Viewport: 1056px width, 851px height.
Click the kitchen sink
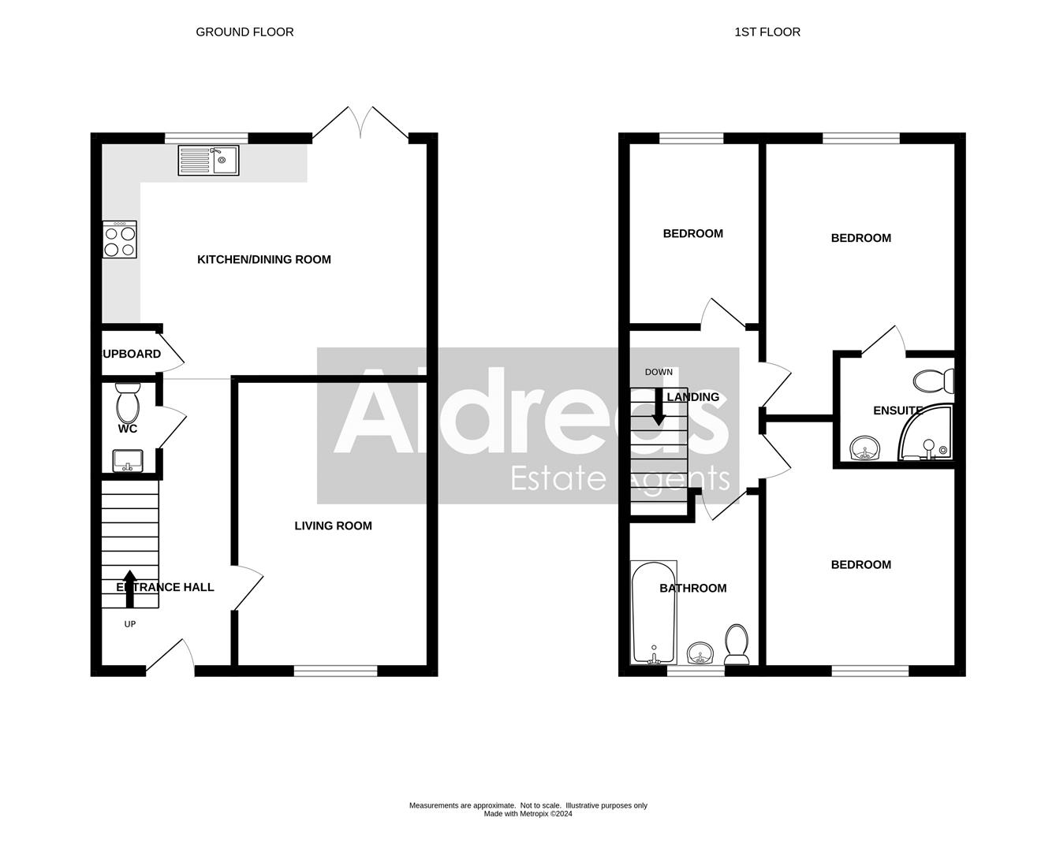point(208,160)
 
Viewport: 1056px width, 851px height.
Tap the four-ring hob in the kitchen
point(119,240)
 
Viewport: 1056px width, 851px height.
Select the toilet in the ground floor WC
point(127,403)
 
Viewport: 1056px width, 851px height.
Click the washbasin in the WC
point(127,460)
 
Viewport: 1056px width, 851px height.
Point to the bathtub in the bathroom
point(654,612)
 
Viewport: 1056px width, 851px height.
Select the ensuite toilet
point(934,381)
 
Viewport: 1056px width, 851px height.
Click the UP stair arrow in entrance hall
point(130,589)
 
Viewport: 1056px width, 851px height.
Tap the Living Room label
point(333,526)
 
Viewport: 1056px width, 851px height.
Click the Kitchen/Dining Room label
point(263,259)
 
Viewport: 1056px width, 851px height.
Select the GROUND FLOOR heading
point(244,32)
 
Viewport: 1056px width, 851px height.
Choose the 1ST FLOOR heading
point(767,32)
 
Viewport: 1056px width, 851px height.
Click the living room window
point(335,671)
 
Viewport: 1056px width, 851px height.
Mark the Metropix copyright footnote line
point(528,814)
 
